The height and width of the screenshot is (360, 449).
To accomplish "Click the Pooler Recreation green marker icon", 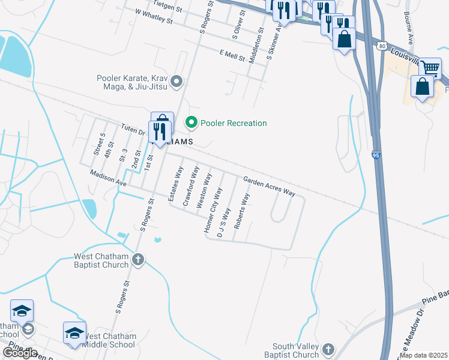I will (x=191, y=123).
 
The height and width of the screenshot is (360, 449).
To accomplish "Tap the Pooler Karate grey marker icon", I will (x=176, y=80).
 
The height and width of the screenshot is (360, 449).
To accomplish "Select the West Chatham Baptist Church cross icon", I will (x=138, y=260).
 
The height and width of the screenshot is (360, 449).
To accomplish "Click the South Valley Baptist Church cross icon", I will (x=328, y=349).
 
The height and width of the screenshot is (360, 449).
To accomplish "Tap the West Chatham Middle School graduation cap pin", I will (x=74, y=333).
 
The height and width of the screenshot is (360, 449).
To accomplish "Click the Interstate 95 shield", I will (x=375, y=154).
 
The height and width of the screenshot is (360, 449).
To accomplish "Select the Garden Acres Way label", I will (x=269, y=187).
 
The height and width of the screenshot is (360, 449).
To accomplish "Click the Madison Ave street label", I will (x=108, y=178).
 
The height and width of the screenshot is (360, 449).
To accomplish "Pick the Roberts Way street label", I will (x=242, y=211).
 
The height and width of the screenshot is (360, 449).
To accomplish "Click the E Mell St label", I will (x=232, y=55).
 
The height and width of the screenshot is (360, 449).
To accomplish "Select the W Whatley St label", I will (x=154, y=16).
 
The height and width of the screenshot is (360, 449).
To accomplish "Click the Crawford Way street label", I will (x=190, y=187).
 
